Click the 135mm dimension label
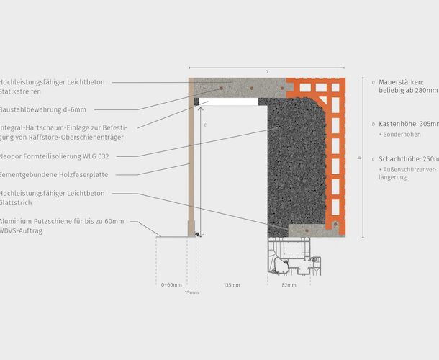pyautogui.click(x=231, y=285)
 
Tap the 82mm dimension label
pyautogui.click(x=288, y=285)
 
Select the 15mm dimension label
pyautogui.click(x=191, y=294)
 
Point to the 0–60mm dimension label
pyautogui.click(x=171, y=285)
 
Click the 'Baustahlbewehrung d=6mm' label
pyautogui.click(x=43, y=110)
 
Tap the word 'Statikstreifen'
pyautogui.click(x=22, y=92)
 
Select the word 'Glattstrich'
pyautogui.click(x=19, y=203)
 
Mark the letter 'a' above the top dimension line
pyautogui.click(x=266, y=71)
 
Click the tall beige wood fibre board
pyautogui.click(x=191, y=166)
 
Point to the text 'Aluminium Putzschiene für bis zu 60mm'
pyautogui.click(x=62, y=222)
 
